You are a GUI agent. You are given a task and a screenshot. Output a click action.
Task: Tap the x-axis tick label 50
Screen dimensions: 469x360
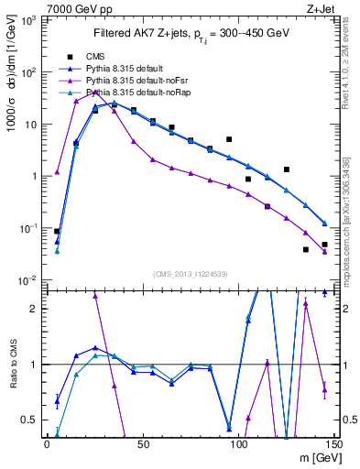pos(143,444)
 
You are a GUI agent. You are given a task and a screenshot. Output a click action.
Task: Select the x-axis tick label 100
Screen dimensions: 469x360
pos(238,444)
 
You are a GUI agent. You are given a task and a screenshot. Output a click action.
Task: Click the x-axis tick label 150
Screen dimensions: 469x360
pos(334,444)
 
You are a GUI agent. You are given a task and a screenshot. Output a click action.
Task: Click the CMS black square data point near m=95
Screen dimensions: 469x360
pos(229,139)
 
